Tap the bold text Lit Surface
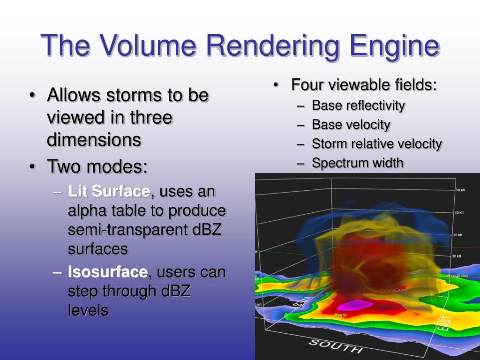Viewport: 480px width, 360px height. click(109, 191)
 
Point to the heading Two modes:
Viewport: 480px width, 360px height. click(97, 166)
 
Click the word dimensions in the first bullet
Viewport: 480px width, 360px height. click(94, 140)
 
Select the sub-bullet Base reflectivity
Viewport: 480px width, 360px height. click(358, 105)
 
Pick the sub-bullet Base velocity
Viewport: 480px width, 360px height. click(351, 125)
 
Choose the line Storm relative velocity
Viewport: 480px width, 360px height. click(377, 144)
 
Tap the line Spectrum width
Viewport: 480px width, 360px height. click(357, 163)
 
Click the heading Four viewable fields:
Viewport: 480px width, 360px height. click(364, 85)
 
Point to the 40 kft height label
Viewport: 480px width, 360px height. click(459, 212)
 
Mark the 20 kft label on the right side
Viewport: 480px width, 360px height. click(456, 256)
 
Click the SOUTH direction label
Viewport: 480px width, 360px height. click(335, 346)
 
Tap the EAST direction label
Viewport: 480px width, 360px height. click(445, 323)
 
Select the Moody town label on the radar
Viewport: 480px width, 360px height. click(341, 315)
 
